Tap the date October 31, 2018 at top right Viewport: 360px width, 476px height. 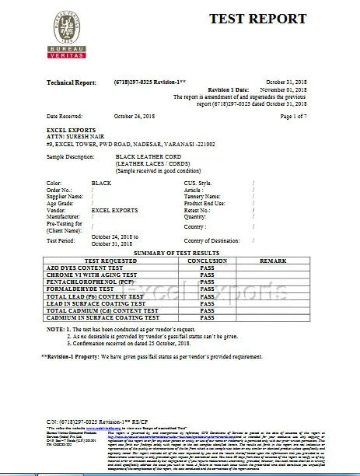click(288, 82)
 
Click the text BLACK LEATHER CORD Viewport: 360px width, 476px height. click(149, 156)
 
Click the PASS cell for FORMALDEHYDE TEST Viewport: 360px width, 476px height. click(206, 289)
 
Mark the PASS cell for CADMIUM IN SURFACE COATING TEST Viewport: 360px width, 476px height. click(206, 317)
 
